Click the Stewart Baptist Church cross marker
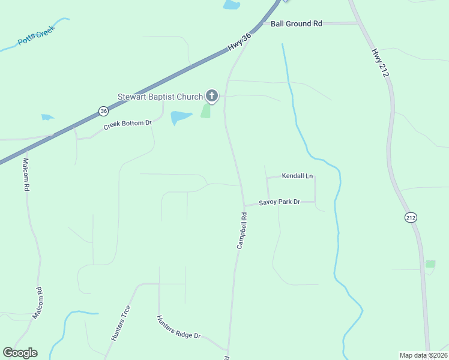point(211,96)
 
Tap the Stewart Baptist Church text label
point(160,97)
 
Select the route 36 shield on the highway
point(104,111)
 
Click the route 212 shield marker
point(411,217)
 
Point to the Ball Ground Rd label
point(297,23)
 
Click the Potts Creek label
point(37,38)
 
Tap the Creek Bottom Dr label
point(127,124)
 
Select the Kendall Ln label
point(298,176)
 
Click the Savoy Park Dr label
point(279,202)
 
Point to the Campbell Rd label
point(242,230)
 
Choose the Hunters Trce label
point(121,323)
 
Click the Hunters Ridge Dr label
point(178,328)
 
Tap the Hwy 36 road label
point(239,42)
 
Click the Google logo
point(20,353)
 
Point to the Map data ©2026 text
point(423,355)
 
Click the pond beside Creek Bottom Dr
point(181,117)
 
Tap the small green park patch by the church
point(206,111)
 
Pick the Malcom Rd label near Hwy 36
point(26,175)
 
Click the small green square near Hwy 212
point(430,263)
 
